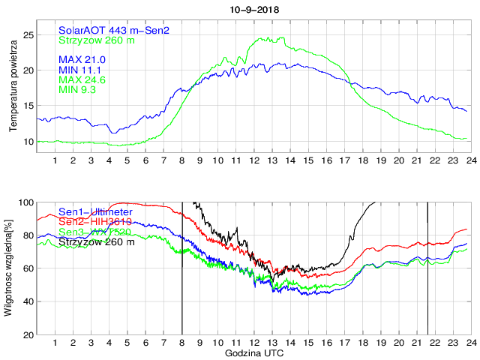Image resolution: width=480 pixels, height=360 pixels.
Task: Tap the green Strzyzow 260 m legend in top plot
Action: click(x=97, y=40)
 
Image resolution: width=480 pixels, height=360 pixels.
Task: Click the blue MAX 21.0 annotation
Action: click(x=82, y=59)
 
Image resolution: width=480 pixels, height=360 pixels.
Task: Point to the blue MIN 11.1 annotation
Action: click(x=81, y=70)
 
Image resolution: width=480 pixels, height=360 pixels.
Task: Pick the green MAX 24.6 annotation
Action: click(x=82, y=79)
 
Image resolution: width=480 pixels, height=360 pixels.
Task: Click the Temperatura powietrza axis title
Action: click(x=13, y=87)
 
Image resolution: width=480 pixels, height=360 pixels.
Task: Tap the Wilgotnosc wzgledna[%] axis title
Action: click(x=8, y=268)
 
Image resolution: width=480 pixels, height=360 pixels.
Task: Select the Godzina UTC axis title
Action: click(x=253, y=352)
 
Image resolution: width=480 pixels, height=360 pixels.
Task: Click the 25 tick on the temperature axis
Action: click(x=28, y=34)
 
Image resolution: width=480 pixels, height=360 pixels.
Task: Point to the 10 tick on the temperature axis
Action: click(x=28, y=142)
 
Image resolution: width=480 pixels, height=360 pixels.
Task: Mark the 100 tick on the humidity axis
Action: click(x=25, y=202)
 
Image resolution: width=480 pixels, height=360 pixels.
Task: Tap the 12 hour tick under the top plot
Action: click(x=254, y=160)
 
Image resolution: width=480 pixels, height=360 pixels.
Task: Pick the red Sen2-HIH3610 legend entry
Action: click(x=96, y=223)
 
